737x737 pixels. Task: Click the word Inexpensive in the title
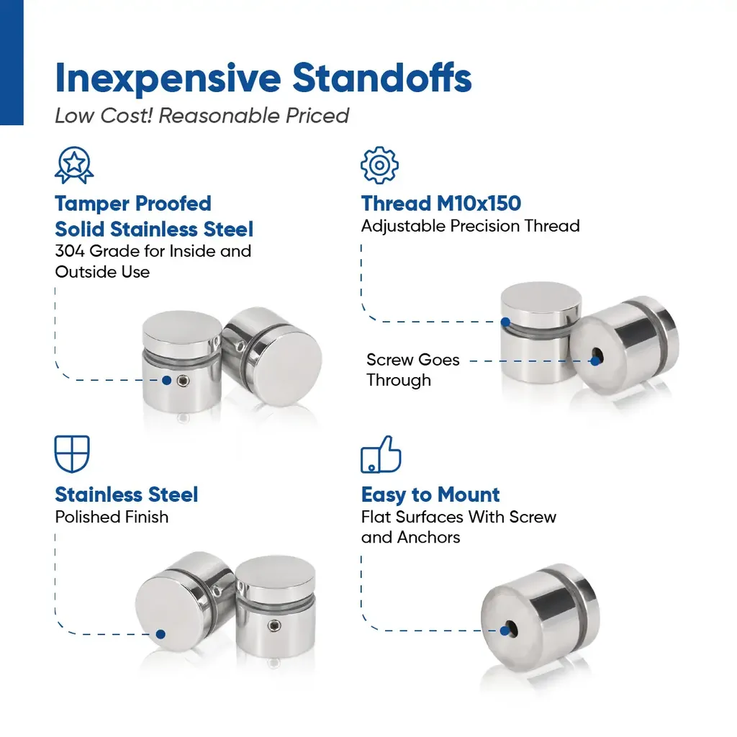coord(168,79)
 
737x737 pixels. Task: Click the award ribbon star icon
coord(74,165)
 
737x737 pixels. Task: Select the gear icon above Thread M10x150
coord(380,165)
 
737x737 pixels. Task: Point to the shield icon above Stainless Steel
coord(72,454)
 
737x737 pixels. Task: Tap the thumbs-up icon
coord(381,454)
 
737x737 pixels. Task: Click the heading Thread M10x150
coord(441,204)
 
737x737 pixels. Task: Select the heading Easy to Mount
coord(430,494)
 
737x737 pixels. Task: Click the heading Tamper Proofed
coord(133,204)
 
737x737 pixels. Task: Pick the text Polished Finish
coord(112,517)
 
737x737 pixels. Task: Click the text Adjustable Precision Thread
coord(470,226)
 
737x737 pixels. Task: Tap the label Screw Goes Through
coord(412,370)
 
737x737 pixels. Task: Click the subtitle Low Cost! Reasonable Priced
coord(202,116)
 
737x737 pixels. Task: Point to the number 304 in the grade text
coord(70,251)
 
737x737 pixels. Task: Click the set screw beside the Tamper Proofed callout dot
coord(183,381)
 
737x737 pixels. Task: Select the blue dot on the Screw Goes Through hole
coord(595,361)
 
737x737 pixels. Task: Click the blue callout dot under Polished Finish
coord(160,634)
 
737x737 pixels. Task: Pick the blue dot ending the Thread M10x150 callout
coord(505,322)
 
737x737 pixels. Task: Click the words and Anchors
coord(410,537)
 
